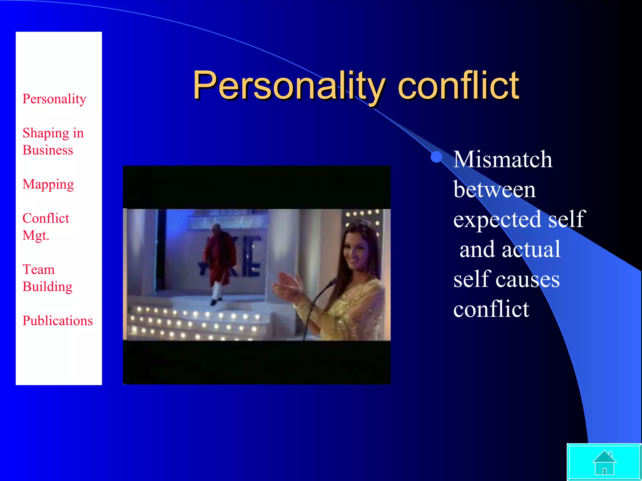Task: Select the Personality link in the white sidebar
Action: pyautogui.click(x=54, y=99)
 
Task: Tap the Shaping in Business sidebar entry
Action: pyautogui.click(x=53, y=142)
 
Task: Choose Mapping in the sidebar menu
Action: pyautogui.click(x=48, y=184)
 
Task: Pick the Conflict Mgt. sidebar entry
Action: pyautogui.click(x=46, y=227)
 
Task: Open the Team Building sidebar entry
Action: pyautogui.click(x=47, y=278)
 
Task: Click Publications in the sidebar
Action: pyautogui.click(x=58, y=321)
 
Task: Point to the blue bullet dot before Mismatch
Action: pyautogui.click(x=436, y=157)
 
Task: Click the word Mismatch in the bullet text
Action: pyautogui.click(x=503, y=159)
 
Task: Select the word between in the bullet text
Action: pyautogui.click(x=494, y=189)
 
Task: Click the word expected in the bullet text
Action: pyautogui.click(x=497, y=220)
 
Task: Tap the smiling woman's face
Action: pyautogui.click(x=357, y=247)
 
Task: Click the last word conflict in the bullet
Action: pyautogui.click(x=491, y=309)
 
